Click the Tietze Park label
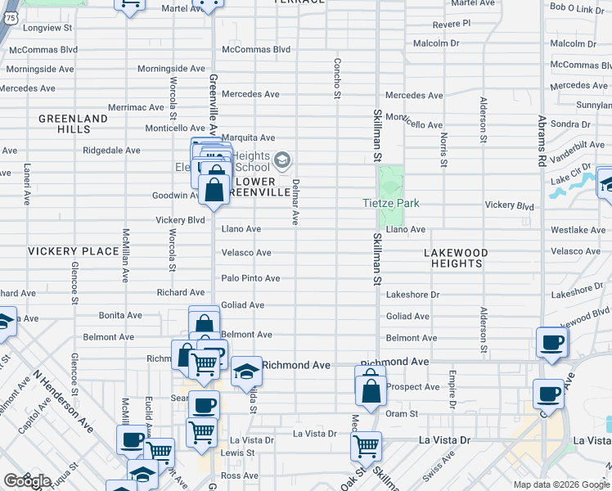click(x=392, y=203)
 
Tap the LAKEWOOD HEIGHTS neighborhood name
click(x=456, y=259)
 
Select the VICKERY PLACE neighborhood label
click(x=73, y=251)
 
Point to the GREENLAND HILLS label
click(x=74, y=124)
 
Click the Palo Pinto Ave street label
click(x=251, y=279)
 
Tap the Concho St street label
click(x=336, y=79)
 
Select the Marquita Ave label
click(x=249, y=138)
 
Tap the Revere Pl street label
click(x=452, y=24)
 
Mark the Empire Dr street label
click(x=452, y=390)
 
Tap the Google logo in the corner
click(x=27, y=481)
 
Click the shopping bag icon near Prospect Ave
click(x=371, y=389)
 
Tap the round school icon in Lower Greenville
click(x=282, y=160)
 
